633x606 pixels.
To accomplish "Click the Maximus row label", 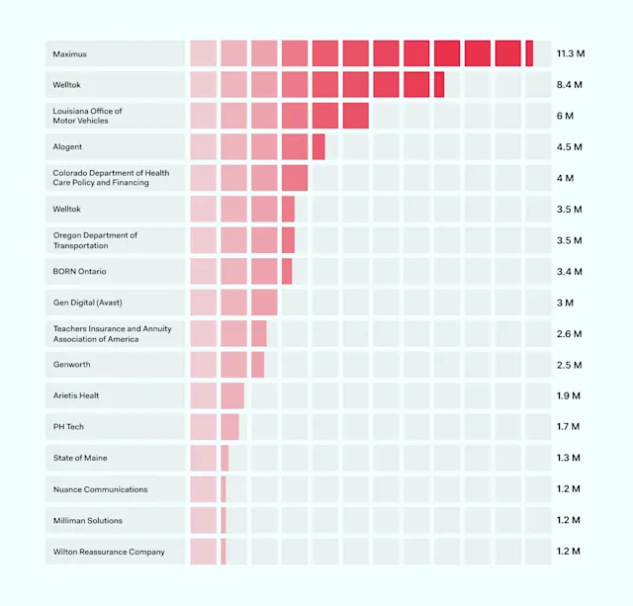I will (x=70, y=53).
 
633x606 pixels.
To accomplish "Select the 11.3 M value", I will (x=570, y=53).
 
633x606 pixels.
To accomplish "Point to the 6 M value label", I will (x=565, y=116).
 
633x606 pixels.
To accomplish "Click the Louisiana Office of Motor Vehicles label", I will (x=88, y=116).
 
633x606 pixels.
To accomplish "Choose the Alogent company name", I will (x=68, y=147).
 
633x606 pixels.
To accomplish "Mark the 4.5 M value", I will (x=569, y=147).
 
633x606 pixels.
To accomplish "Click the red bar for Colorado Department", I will (x=248, y=178).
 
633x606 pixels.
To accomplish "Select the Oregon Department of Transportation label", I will (x=95, y=240).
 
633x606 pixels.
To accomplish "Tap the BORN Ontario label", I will (x=80, y=271).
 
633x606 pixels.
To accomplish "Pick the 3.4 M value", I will (x=569, y=271).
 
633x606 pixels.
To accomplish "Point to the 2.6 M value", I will (x=569, y=333).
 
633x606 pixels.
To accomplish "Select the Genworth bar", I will (x=226, y=365).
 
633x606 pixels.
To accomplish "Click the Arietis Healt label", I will (x=76, y=395).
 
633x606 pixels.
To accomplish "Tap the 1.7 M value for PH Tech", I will (x=568, y=427).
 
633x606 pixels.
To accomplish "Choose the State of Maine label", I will (x=80, y=458).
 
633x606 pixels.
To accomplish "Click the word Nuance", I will (x=68, y=489).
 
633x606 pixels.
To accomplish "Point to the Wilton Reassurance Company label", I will (x=109, y=552).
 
